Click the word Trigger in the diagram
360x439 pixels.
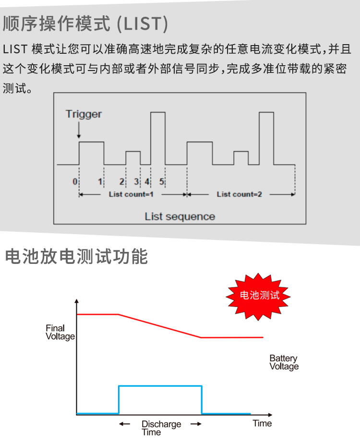click(x=84, y=115)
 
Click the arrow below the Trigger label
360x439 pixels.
click(x=79, y=130)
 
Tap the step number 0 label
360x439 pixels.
click(x=75, y=181)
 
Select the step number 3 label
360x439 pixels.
click(x=136, y=181)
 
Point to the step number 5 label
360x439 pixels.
click(x=162, y=181)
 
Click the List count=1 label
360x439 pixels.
click(x=131, y=194)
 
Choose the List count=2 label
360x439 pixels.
click(x=239, y=194)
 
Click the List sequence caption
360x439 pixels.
click(x=180, y=216)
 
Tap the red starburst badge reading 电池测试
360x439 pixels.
click(x=258, y=296)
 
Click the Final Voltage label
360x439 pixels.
click(x=60, y=332)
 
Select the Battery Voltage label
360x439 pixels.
click(x=284, y=362)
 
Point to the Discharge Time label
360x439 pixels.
click(x=161, y=428)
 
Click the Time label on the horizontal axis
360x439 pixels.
click(x=262, y=423)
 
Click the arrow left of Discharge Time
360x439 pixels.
click(x=125, y=424)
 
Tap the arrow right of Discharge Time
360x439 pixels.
click(x=196, y=424)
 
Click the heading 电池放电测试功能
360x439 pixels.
click(x=76, y=256)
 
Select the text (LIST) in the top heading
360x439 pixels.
click(x=143, y=24)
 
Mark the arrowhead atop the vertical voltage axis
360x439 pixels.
click(x=76, y=301)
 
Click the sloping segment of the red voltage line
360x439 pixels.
click(x=160, y=326)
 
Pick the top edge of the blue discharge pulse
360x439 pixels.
click(x=160, y=386)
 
